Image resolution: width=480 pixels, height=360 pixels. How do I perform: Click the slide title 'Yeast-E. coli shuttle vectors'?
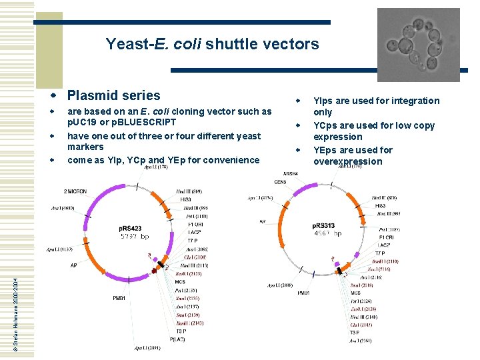pos(212,45)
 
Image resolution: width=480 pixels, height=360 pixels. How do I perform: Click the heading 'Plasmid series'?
pos(113,95)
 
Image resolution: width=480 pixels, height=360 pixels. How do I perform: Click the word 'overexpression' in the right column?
pos(347,161)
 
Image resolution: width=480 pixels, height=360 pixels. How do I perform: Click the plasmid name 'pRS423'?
pos(131,229)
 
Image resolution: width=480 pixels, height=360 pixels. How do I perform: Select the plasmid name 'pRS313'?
pos(325,225)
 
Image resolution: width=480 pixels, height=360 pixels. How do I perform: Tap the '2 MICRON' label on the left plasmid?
pos(75,192)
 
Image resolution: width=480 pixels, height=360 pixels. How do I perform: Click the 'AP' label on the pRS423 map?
pos(75,265)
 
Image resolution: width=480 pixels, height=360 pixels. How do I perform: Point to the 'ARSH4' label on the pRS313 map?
pos(292,173)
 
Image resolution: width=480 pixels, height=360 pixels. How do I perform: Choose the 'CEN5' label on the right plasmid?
pos(281,182)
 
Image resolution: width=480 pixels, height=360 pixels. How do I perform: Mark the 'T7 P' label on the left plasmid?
pos(191,240)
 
